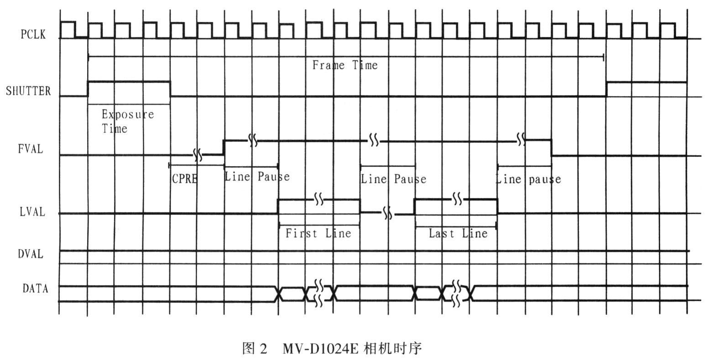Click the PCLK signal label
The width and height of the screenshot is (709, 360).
33,34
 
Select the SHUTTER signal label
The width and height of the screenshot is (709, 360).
28,91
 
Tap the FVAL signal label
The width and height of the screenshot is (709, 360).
31,149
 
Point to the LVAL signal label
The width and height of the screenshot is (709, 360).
32,212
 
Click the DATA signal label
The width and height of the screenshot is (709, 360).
35,288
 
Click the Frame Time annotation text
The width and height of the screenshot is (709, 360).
345,65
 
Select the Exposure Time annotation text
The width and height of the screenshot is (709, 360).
127,121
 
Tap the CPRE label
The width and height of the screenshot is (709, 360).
184,178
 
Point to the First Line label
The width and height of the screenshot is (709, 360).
318,234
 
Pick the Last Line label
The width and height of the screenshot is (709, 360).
458,234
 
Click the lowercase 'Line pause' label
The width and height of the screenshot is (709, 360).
528,178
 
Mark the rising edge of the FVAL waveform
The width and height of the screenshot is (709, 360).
224,147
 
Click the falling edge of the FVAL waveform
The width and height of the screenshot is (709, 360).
551,147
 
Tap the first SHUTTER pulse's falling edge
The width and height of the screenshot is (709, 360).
170,89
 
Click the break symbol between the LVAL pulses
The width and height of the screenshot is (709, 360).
388,213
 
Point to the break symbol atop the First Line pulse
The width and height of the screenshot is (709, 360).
319,199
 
